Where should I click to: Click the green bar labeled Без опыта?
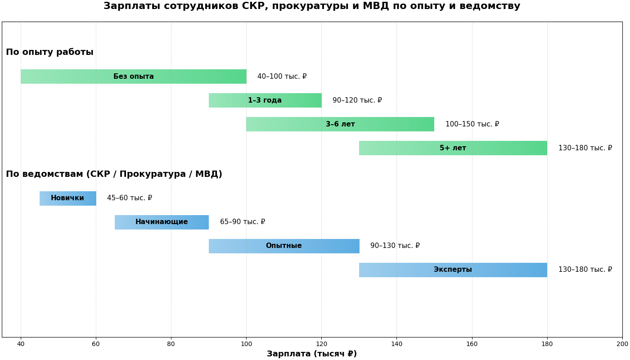click(133, 76)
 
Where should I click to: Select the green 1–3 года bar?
click(265, 100)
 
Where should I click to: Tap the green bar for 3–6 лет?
click(340, 124)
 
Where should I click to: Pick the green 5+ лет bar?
click(453, 148)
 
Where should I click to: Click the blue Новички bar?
click(67, 198)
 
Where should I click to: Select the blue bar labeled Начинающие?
click(162, 222)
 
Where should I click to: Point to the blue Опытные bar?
click(283, 246)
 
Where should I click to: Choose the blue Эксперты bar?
click(453, 270)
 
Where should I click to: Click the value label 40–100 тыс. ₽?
click(282, 76)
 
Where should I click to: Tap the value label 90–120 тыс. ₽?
click(357, 100)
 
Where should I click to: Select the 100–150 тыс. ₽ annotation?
click(472, 124)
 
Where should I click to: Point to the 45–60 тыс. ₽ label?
click(130, 198)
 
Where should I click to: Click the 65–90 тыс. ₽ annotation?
click(243, 222)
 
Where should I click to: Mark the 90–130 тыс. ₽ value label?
click(395, 246)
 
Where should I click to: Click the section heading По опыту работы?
click(49, 52)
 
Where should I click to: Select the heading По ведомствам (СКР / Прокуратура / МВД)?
click(114, 174)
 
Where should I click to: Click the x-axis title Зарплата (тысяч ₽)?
click(311, 354)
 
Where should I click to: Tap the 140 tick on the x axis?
click(396, 344)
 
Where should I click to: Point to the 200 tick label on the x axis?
click(622, 344)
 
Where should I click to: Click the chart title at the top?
click(312, 6)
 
